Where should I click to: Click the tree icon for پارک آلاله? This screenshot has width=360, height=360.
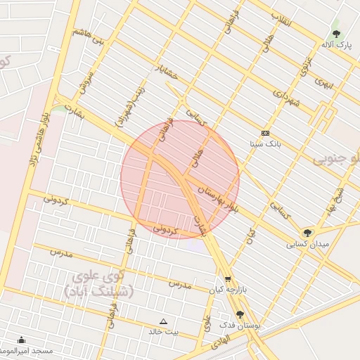point(336,33)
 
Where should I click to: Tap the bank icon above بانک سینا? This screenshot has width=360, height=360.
point(265,133)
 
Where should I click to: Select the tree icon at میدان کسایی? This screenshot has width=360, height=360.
point(307,233)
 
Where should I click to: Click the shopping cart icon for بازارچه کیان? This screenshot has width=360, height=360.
point(227,279)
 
